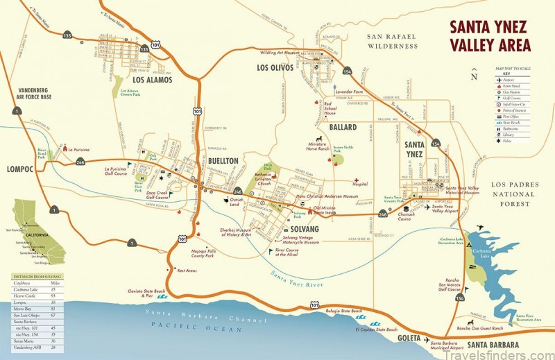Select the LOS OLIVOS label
click(x=275, y=68)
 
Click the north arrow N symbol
click(x=474, y=77)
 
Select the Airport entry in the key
click(x=514, y=80)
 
